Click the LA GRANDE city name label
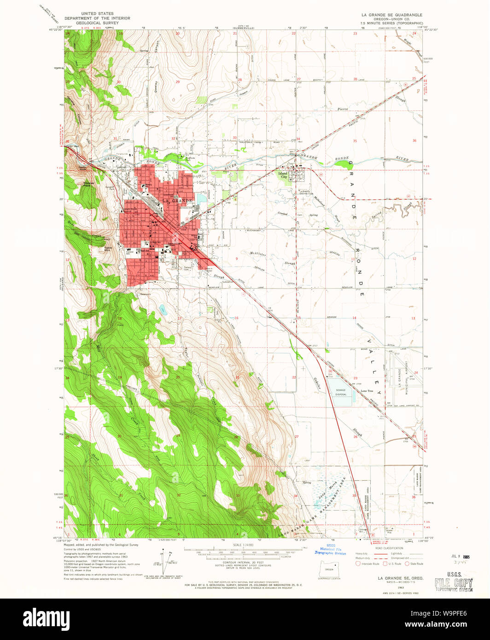tap(177, 201)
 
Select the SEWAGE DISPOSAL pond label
tap(340, 392)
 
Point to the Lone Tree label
tap(367, 391)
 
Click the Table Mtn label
tap(108, 247)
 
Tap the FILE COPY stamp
tap(454, 583)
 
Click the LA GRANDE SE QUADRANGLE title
tap(391, 15)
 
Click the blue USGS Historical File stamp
tap(330, 550)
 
